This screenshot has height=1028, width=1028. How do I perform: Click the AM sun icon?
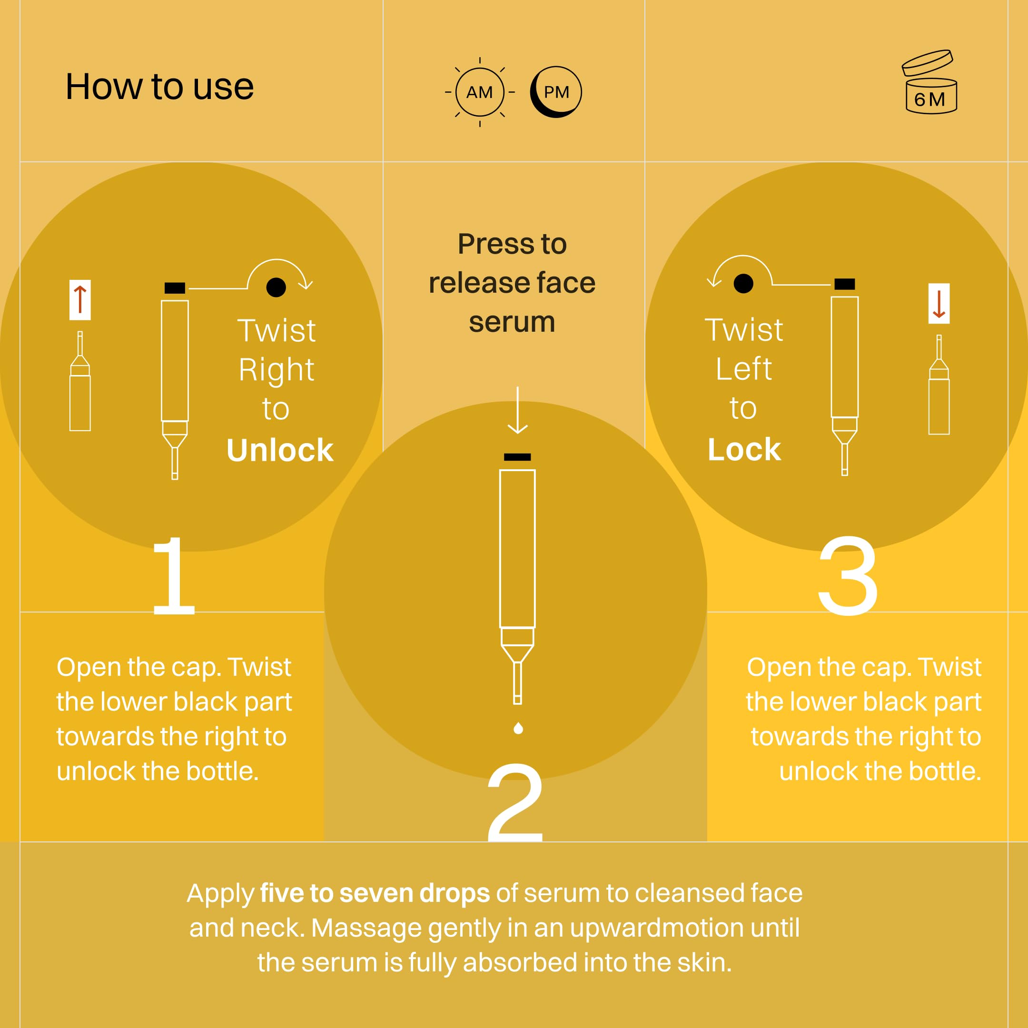pyautogui.click(x=479, y=92)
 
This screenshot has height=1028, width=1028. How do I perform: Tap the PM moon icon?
pyautogui.click(x=556, y=92)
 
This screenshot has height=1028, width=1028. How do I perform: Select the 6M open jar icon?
pyautogui.click(x=929, y=81)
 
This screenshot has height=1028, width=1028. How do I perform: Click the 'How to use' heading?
pyautogui.click(x=159, y=87)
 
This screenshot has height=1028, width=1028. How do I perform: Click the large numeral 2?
pyautogui.click(x=515, y=802)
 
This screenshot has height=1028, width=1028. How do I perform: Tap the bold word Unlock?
pyautogui.click(x=280, y=450)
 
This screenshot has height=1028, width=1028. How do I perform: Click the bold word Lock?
pyautogui.click(x=744, y=450)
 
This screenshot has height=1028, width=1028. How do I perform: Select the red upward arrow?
pyautogui.click(x=80, y=299)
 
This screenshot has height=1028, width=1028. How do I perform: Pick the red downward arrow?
pyautogui.click(x=939, y=304)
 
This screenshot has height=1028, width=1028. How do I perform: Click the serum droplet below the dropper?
pyautogui.click(x=518, y=728)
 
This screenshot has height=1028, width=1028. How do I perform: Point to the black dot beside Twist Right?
pyautogui.click(x=276, y=287)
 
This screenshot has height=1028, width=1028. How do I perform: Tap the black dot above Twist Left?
pyautogui.click(x=743, y=284)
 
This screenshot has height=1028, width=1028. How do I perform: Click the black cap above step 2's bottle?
pyautogui.click(x=517, y=457)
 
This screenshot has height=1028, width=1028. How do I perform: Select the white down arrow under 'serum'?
pyautogui.click(x=517, y=410)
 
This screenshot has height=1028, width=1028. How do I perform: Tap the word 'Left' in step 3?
pyautogui.click(x=743, y=369)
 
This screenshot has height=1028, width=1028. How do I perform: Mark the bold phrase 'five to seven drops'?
pyautogui.click(x=375, y=893)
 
